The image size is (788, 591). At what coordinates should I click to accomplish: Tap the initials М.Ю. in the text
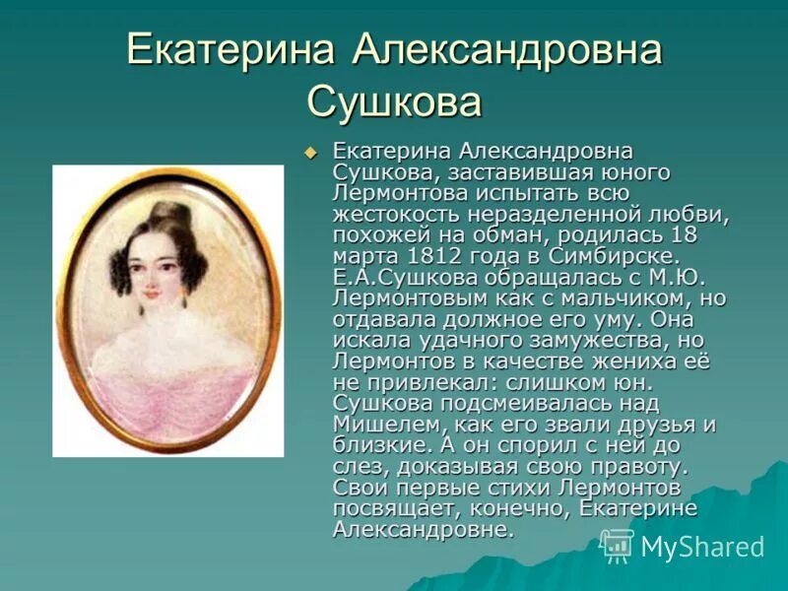[680, 278]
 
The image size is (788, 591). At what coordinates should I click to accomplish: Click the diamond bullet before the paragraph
[311, 153]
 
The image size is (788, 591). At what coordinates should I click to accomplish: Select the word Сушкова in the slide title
[394, 102]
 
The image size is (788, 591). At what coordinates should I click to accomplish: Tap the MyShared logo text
[701, 548]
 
